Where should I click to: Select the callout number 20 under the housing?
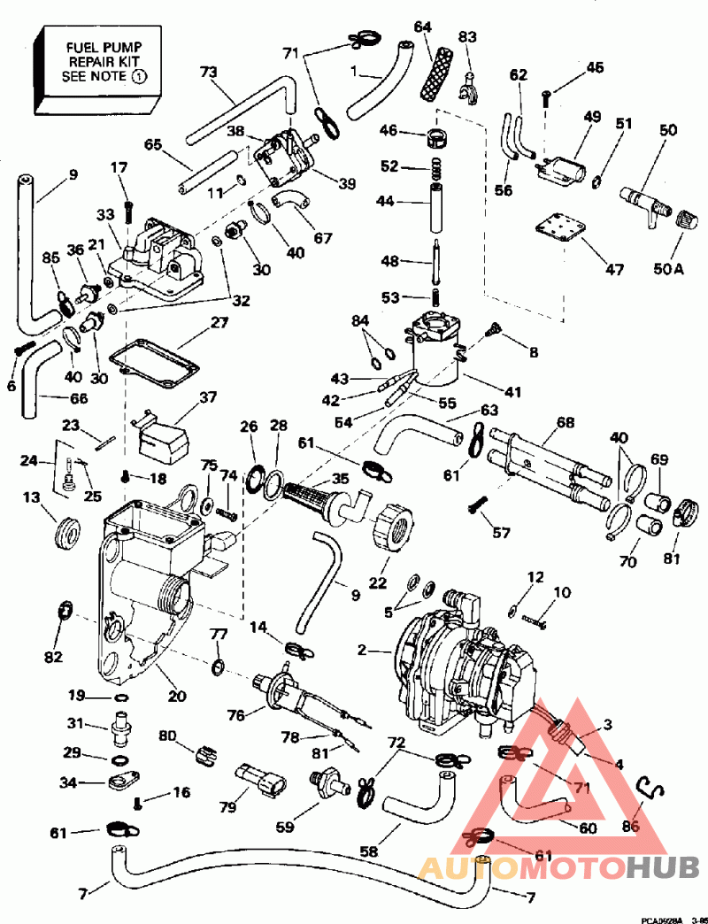click(x=178, y=696)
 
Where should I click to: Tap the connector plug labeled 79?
click(x=263, y=782)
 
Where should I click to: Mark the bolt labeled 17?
click(x=129, y=211)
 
